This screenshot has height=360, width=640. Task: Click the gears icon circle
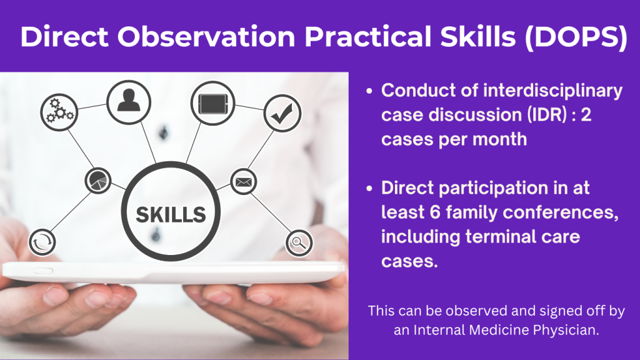tap(59, 112)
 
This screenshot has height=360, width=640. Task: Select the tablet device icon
tap(212, 103)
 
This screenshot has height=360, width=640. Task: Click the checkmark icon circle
tap(282, 113)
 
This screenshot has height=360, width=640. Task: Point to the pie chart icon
tap(98, 181)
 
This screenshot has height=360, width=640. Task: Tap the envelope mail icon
tap(244, 182)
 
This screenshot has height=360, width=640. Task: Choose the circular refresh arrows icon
tap(42, 242)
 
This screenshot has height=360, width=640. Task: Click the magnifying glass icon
tap(299, 243)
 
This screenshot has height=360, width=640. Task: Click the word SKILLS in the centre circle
tap(171, 215)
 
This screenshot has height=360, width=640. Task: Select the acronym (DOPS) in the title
tap(576, 37)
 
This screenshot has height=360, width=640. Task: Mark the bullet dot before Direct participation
tap(369, 189)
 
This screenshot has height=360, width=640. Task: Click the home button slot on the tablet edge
tap(43, 271)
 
